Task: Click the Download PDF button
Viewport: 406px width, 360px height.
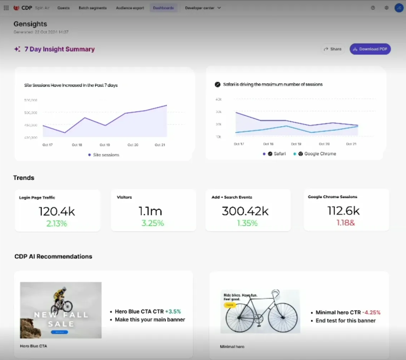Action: pyautogui.click(x=370, y=49)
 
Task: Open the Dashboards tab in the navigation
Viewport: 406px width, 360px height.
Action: pyautogui.click(x=163, y=8)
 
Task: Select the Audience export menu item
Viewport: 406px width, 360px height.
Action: pyautogui.click(x=130, y=8)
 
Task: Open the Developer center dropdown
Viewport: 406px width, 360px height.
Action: pyautogui.click(x=202, y=8)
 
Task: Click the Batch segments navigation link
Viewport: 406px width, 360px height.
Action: pyautogui.click(x=92, y=8)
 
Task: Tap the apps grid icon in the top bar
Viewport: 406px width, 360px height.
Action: pyautogui.click(x=6, y=8)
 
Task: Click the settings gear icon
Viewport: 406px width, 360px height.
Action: pyautogui.click(x=386, y=8)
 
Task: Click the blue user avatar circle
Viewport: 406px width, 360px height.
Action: pyautogui.click(x=399, y=8)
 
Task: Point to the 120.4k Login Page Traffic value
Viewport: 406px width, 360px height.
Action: pyautogui.click(x=57, y=211)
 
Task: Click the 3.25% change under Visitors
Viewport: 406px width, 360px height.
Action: pyautogui.click(x=153, y=223)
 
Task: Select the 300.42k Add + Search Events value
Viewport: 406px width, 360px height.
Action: pyautogui.click(x=245, y=211)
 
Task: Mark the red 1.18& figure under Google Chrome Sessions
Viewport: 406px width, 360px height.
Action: pyautogui.click(x=345, y=223)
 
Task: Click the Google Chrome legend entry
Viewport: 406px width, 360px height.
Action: pyautogui.click(x=320, y=154)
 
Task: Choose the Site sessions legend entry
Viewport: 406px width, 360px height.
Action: pyautogui.click(x=106, y=155)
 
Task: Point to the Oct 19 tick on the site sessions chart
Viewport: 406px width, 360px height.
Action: pyautogui.click(x=105, y=145)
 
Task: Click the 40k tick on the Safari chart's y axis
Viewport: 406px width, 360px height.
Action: pyautogui.click(x=219, y=99)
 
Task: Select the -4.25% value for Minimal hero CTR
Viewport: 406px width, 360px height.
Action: pyautogui.click(x=371, y=313)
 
